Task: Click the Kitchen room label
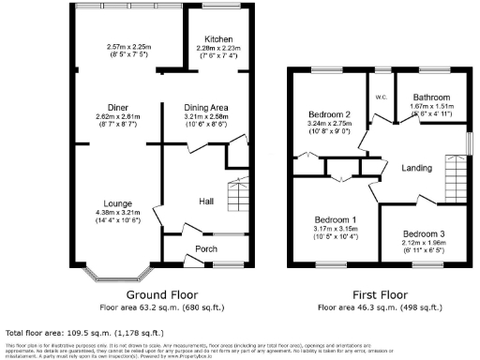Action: coord(219,39)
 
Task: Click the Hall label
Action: coord(207,201)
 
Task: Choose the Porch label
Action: coord(205,248)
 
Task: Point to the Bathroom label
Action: coord(432,97)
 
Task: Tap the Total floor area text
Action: coord(85,332)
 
